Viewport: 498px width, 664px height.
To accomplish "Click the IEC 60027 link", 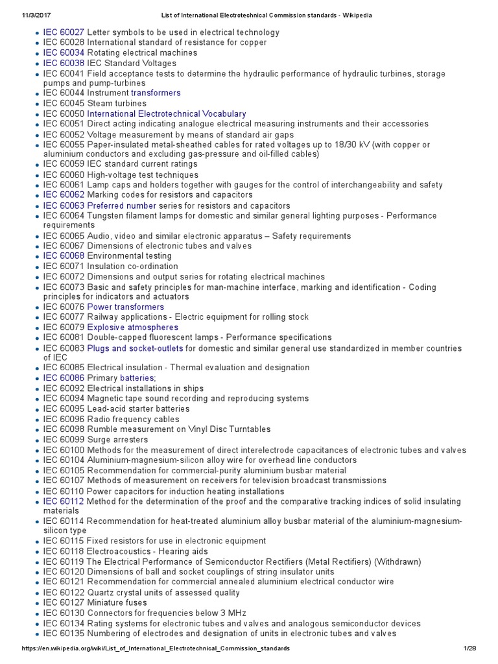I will pyautogui.click(x=64, y=32).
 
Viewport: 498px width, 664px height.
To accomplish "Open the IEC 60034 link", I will pyautogui.click(x=64, y=53).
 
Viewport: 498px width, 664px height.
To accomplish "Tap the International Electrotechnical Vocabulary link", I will pyautogui.click(x=167, y=113).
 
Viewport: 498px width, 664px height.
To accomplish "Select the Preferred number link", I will pyautogui.click(x=121, y=205).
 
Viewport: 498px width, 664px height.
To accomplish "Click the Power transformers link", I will pyautogui.click(x=126, y=307).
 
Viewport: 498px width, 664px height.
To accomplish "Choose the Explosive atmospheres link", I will pyautogui.click(x=133, y=327).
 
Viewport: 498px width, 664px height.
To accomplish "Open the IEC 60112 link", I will pyautogui.click(x=64, y=501).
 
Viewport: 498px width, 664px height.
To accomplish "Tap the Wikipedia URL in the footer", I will pyautogui.click(x=156, y=648).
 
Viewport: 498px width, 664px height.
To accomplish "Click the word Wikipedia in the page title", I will pyautogui.click(x=355, y=16).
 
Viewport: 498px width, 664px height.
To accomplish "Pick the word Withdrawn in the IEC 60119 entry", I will pyautogui.click(x=397, y=562).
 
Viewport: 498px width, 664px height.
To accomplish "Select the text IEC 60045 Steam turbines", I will pyautogui.click(x=95, y=103).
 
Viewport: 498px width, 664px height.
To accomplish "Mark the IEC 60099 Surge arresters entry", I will pyautogui.click(x=95, y=440).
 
